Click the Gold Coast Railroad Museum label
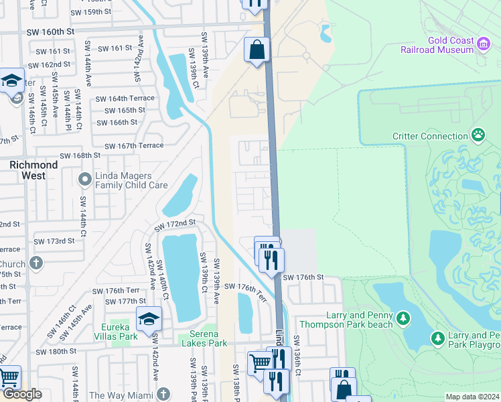438,45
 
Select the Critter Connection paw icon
478,136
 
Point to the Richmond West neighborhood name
33,170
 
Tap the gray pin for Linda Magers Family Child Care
84,180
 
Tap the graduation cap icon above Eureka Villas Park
149,318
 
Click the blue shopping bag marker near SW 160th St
257,50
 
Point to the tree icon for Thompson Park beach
403,318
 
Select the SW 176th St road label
303,277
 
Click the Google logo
22,394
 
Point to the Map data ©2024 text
472,397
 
